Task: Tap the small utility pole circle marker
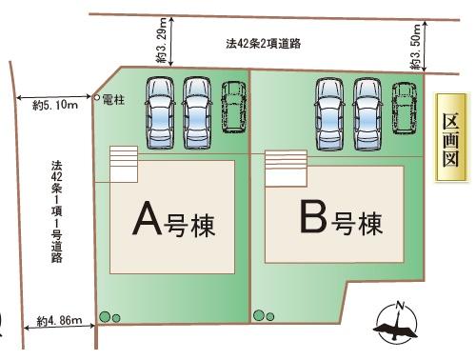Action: pos(97,98)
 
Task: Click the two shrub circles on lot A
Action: pos(109,316)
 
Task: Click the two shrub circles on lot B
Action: pos(264,315)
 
